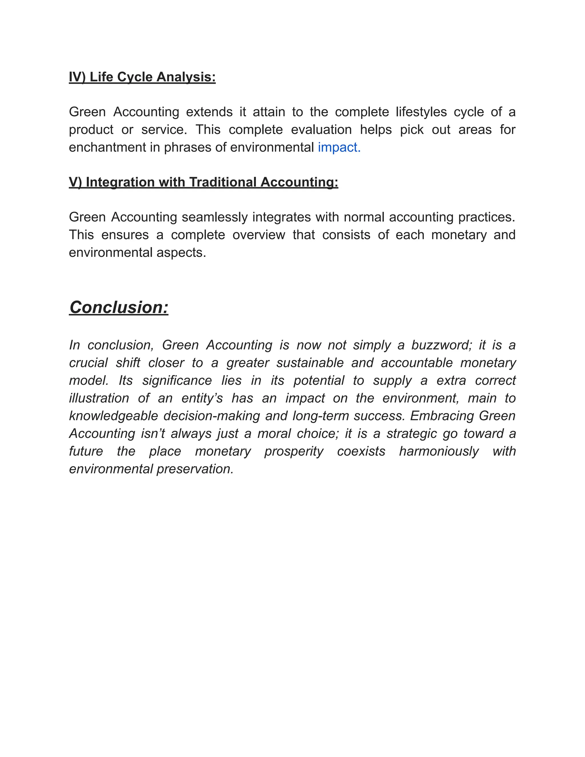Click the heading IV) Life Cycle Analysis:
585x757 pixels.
tap(142, 77)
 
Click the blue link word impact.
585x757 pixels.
tap(339, 147)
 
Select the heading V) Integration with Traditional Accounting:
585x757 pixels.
tap(203, 182)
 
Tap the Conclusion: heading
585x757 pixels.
tap(119, 307)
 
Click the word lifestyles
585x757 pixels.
tap(421, 112)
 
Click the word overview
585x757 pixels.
tap(259, 235)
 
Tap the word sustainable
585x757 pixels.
tap(310, 363)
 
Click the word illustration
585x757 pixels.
tap(99, 398)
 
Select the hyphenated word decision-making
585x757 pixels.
tap(211, 416)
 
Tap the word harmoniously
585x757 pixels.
tap(439, 451)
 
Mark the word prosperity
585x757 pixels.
tap(294, 451)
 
